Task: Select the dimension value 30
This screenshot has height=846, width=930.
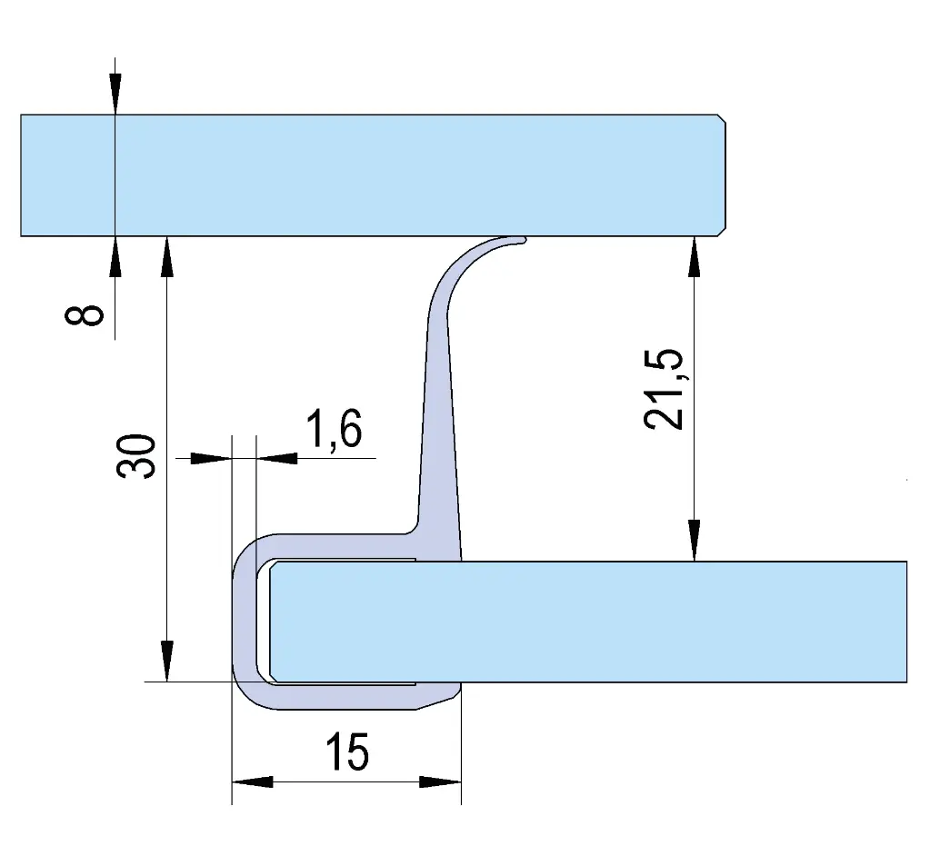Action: [x=135, y=455]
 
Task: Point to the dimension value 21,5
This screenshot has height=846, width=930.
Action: [x=664, y=389]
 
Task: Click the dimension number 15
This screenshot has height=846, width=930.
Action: [x=347, y=751]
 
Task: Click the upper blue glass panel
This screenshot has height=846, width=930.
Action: [x=373, y=175]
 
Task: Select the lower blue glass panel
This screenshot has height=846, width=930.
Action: [x=588, y=622]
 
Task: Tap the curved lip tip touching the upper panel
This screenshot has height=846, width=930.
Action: [x=520, y=240]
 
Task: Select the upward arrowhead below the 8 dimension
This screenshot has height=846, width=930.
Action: [x=115, y=256]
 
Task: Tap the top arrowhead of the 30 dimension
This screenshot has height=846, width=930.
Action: [x=168, y=256]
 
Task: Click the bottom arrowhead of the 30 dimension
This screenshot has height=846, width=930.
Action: [x=168, y=662]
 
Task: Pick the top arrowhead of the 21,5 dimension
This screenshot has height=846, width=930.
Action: [x=694, y=256]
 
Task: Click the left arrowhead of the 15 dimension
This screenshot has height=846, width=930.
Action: [x=252, y=782]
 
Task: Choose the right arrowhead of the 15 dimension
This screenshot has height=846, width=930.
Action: [x=441, y=782]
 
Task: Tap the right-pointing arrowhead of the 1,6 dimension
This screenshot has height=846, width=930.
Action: [x=211, y=458]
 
